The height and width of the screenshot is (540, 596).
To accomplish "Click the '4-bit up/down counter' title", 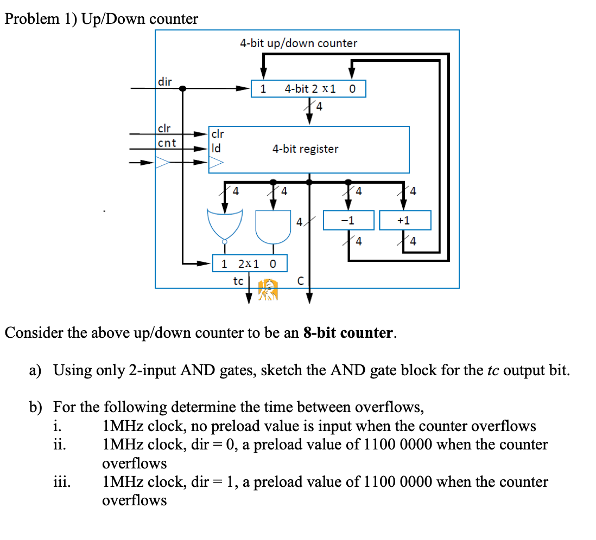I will pyautogui.click(x=299, y=43).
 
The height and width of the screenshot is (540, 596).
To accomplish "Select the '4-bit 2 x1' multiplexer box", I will pyautogui.click(x=308, y=89).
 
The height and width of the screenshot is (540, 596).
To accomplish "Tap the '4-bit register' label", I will pyautogui.click(x=305, y=149).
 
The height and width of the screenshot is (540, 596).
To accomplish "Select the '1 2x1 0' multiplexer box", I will pyautogui.click(x=249, y=264).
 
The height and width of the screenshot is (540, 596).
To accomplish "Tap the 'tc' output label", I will pyautogui.click(x=238, y=281).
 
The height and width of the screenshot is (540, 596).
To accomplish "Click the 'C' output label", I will pyautogui.click(x=300, y=281).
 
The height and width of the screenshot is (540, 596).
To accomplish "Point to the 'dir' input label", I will pyautogui.click(x=165, y=82).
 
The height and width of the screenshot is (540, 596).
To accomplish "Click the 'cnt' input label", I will pyautogui.click(x=167, y=143).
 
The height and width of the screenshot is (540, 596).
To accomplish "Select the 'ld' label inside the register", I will pyautogui.click(x=215, y=147).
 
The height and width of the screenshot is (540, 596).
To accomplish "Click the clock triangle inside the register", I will pyautogui.click(x=216, y=162).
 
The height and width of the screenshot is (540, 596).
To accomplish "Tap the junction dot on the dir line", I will pyautogui.click(x=183, y=88).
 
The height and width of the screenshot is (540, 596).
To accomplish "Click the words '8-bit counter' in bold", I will pyautogui.click(x=347, y=333).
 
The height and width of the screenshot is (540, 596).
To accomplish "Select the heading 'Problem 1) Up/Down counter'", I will pyautogui.click(x=102, y=20).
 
